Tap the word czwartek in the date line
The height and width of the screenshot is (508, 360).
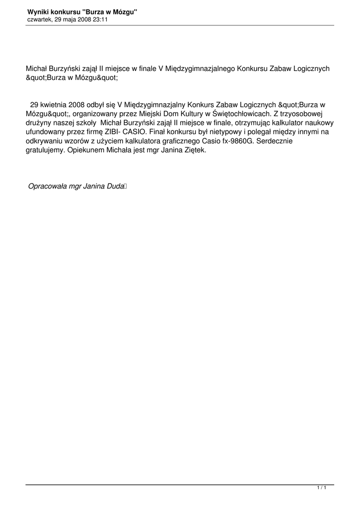click(x=39, y=19)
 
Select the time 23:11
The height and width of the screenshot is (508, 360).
click(x=101, y=19)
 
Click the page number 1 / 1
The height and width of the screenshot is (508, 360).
click(x=321, y=488)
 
